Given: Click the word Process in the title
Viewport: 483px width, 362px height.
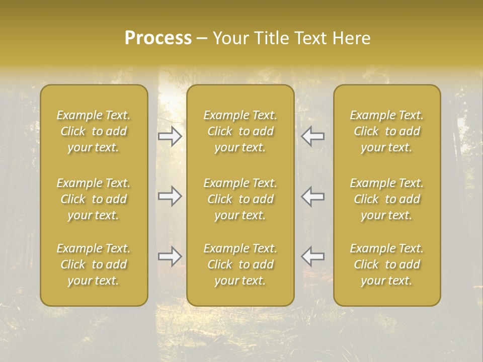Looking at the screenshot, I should [158, 38].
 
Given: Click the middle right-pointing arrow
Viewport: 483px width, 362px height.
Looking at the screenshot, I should [170, 196].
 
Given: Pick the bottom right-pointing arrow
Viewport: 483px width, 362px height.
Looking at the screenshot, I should [170, 256].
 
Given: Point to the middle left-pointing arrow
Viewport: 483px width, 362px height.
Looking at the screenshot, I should [313, 196].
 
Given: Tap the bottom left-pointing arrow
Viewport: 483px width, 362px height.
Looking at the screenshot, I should [313, 256].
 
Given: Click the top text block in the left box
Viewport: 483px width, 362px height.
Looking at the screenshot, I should [94, 131].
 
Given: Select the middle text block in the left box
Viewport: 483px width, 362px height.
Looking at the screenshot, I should [94, 199].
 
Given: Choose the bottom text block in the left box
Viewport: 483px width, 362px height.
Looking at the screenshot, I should [94, 264].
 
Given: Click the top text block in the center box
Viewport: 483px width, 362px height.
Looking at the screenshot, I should [240, 131].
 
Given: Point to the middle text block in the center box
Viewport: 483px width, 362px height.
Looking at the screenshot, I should [240, 199].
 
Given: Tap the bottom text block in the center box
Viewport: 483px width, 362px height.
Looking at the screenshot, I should [240, 264].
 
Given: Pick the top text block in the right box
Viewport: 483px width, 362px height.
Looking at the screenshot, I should [387, 131].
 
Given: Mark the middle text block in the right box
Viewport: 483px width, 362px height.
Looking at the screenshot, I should [387, 199].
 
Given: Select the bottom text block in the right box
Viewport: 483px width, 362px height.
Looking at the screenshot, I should [387, 264].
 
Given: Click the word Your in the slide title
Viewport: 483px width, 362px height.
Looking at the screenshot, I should [231, 38].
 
